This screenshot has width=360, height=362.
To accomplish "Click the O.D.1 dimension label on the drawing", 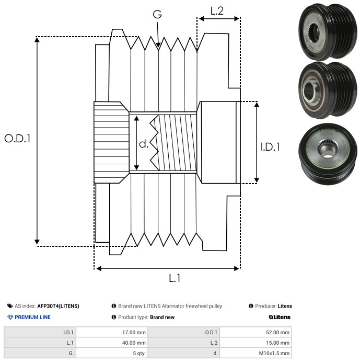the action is (18, 139).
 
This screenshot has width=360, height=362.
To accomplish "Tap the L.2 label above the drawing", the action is (217, 11).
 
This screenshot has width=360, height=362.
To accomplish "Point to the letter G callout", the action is (157, 14).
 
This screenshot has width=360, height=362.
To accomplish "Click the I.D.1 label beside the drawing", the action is (270, 147).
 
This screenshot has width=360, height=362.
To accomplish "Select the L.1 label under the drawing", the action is (175, 278).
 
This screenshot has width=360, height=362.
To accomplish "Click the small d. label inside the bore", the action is (144, 144).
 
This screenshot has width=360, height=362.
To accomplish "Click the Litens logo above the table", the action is (280, 317).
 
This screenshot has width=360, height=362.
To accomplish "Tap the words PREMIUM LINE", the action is (32, 317).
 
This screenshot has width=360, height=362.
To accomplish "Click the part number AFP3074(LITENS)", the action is (58, 306).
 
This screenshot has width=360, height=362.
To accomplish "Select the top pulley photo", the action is (328, 31).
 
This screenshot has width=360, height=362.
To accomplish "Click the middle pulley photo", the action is (328, 90).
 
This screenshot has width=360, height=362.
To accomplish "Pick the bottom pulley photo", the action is (328, 154).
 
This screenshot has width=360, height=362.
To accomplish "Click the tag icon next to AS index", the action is (10, 306).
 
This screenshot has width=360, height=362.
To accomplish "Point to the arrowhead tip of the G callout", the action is (158, 48).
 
